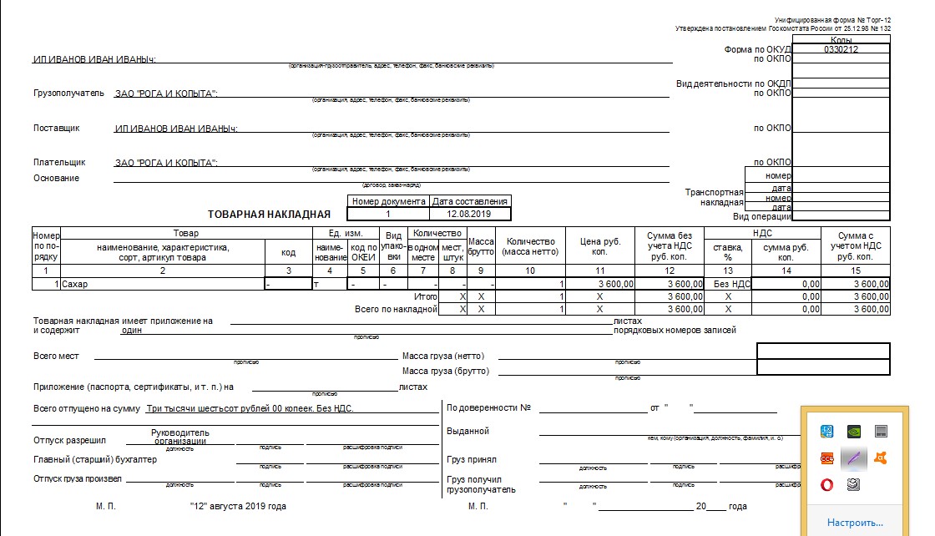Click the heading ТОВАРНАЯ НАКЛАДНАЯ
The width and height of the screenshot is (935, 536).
coord(264,215)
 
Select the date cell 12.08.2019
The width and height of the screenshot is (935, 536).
coord(469,214)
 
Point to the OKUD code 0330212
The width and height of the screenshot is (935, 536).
coord(841,49)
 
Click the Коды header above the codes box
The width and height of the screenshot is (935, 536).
coord(841,39)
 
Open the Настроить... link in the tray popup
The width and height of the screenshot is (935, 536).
coord(855,523)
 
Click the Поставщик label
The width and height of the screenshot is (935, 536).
coord(57,128)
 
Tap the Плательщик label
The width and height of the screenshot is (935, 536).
coord(59,163)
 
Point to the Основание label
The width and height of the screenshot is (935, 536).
coord(57,178)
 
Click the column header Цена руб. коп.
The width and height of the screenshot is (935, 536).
coord(600,246)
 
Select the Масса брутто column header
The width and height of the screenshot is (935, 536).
coord(481,246)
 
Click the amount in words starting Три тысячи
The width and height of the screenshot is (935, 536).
coord(250,409)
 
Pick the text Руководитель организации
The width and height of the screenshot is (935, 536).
coord(180,437)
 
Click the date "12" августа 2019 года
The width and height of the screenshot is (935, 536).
coord(238,507)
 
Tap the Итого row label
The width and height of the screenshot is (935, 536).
coord(426,296)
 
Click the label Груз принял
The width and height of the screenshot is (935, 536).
coord(472,459)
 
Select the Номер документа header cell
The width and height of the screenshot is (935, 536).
coord(388,201)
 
